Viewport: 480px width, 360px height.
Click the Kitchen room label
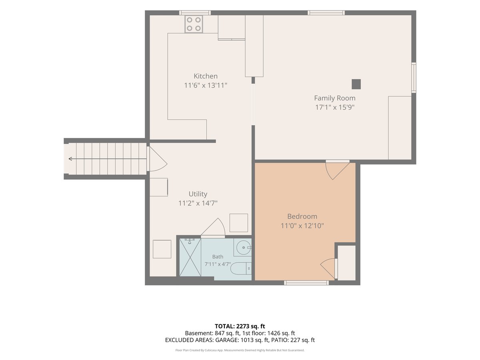pyautogui.click(x=205, y=76)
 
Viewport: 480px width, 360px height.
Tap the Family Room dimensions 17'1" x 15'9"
pyautogui.click(x=334, y=107)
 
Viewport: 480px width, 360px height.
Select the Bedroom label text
pyautogui.click(x=302, y=216)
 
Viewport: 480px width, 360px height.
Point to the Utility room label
pyautogui.click(x=198, y=194)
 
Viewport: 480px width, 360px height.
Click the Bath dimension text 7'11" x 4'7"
pyautogui.click(x=218, y=264)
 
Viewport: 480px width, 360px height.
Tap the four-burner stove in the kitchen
pyautogui.click(x=194, y=24)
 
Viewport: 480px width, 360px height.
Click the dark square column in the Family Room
pyautogui.click(x=356, y=84)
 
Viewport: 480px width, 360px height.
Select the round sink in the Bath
pyautogui.click(x=243, y=248)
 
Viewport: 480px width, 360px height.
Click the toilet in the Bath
pyautogui.click(x=241, y=268)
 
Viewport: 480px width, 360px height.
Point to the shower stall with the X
pyautogui.click(x=190, y=257)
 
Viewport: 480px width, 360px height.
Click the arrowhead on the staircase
pyautogui.click(x=70, y=159)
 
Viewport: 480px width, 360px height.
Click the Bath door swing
pyautogui.click(x=213, y=227)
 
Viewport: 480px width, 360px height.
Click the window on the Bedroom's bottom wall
pyautogui.click(x=306, y=283)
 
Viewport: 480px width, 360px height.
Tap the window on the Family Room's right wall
pyautogui.click(x=414, y=78)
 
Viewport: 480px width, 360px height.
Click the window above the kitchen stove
pyautogui.click(x=195, y=13)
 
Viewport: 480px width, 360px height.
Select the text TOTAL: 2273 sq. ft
pyautogui.click(x=240, y=326)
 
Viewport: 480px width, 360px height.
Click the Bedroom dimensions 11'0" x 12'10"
pyautogui.click(x=302, y=226)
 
